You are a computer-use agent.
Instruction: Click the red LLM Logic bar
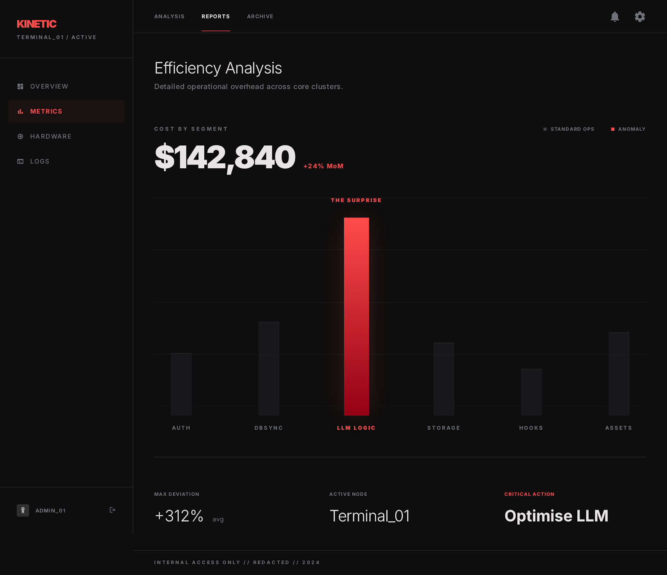(x=356, y=317)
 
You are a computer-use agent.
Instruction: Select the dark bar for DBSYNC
(x=269, y=369)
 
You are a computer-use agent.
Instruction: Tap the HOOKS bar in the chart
(x=531, y=392)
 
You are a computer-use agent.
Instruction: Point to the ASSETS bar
(x=619, y=374)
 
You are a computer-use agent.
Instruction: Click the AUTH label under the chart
(x=181, y=428)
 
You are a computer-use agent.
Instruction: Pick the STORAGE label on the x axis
(x=444, y=428)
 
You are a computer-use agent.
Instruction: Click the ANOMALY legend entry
(x=628, y=129)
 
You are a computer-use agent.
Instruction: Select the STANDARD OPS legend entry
(x=569, y=129)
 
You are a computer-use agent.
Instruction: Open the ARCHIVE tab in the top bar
(x=260, y=17)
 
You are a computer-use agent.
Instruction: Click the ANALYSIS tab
(x=169, y=17)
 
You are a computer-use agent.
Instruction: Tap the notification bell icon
(x=615, y=17)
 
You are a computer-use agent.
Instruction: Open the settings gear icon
(x=640, y=17)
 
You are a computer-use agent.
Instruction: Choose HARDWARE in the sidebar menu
(x=50, y=136)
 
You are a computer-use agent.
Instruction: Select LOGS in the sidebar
(x=40, y=161)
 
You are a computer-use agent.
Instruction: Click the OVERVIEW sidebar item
(x=49, y=86)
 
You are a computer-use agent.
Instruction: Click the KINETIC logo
(x=37, y=24)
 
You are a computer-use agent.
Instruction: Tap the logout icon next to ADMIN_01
(x=112, y=510)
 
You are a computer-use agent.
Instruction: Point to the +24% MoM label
(x=323, y=166)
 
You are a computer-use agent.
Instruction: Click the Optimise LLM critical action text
(x=556, y=516)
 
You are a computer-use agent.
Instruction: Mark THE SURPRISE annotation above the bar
(x=356, y=200)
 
